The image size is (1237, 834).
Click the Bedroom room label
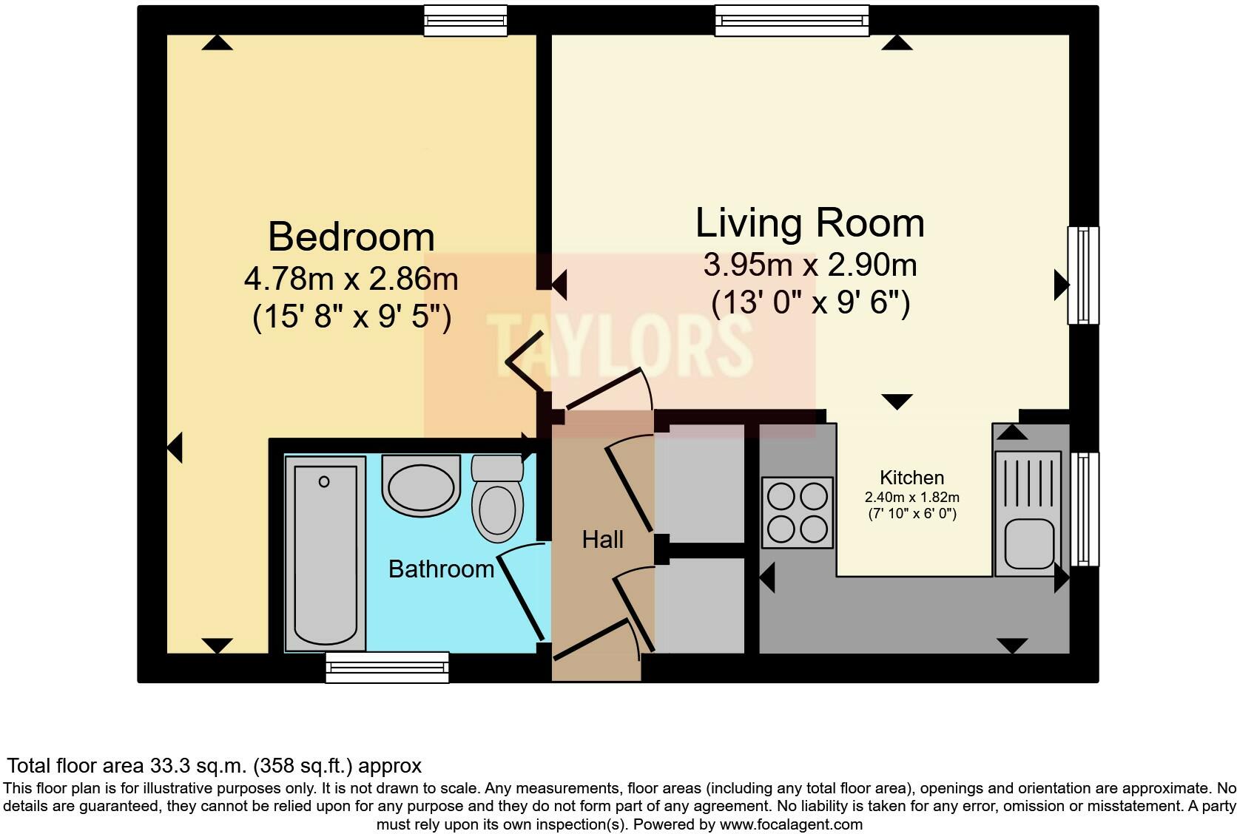(351, 237)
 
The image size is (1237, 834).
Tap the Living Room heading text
(809, 223)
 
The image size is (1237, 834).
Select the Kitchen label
(911, 478)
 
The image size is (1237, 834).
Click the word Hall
(602, 540)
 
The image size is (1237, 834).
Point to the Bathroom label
(441, 569)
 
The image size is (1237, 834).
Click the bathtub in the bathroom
(325, 554)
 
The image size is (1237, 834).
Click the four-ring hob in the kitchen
(797, 512)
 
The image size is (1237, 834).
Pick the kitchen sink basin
(1028, 543)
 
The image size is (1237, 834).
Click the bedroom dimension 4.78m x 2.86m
(351, 279)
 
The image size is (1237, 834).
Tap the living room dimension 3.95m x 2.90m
(809, 265)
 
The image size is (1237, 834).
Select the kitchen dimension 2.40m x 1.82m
(911, 498)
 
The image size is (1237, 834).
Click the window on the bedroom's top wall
(465, 21)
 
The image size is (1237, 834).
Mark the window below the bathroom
(387, 667)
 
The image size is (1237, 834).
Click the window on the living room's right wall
(1082, 275)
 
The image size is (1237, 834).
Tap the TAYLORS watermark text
(620, 345)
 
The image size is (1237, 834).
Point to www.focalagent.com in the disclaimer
(790, 824)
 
